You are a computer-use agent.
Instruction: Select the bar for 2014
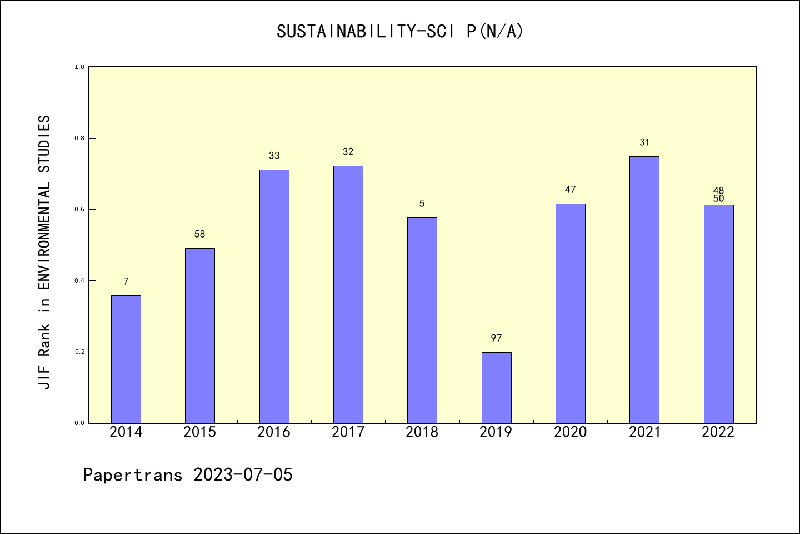pyautogui.click(x=126, y=359)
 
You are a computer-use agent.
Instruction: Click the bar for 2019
pyautogui.click(x=496, y=387)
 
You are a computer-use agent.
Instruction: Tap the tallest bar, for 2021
pyautogui.click(x=644, y=289)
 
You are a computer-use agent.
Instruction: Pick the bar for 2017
pyautogui.click(x=348, y=294)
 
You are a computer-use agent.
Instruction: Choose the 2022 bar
pyautogui.click(x=718, y=314)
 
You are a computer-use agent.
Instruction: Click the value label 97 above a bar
pyautogui.click(x=496, y=338)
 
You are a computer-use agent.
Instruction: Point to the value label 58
pyautogui.click(x=200, y=234)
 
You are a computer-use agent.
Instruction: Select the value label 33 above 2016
pyautogui.click(x=274, y=156)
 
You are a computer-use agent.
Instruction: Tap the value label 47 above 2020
pyautogui.click(x=570, y=190)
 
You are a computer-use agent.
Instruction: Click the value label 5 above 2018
pyautogui.click(x=422, y=204)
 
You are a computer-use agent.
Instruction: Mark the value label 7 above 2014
pyautogui.click(x=126, y=281)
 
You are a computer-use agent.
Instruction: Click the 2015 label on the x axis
pyautogui.click(x=200, y=432)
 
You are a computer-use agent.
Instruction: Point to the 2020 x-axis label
pyautogui.click(x=570, y=432)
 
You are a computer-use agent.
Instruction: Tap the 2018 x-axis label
pyautogui.click(x=422, y=432)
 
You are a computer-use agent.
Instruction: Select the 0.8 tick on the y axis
pyautogui.click(x=79, y=138)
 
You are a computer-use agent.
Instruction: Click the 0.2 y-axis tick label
pyautogui.click(x=79, y=352)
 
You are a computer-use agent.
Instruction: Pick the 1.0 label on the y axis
pyautogui.click(x=79, y=67)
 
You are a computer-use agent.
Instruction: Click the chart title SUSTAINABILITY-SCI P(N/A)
pyautogui.click(x=400, y=32)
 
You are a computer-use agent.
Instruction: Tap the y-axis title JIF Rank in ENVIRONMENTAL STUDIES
pyautogui.click(x=44, y=252)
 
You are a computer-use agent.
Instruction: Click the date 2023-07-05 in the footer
pyautogui.click(x=243, y=475)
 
